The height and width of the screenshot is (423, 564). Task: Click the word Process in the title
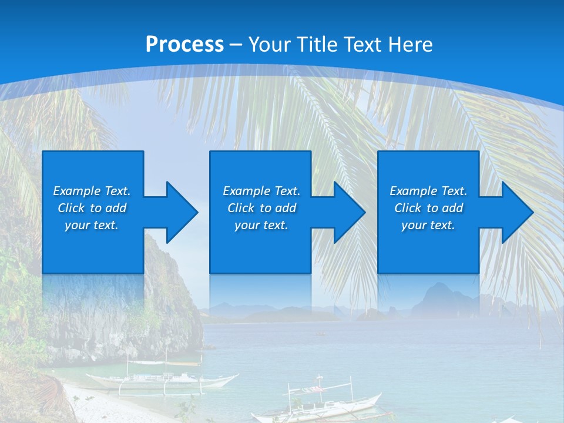pyautogui.click(x=184, y=44)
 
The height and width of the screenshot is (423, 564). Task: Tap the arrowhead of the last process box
pyautogui.click(x=516, y=212)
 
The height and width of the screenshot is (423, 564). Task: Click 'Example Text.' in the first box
pyautogui.click(x=92, y=191)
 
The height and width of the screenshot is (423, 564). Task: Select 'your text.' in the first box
pyautogui.click(x=92, y=225)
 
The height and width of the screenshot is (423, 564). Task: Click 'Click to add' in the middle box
pyautogui.click(x=261, y=208)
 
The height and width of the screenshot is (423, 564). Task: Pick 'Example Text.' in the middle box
pyautogui.click(x=261, y=191)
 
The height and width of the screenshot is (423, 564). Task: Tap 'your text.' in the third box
pyautogui.click(x=428, y=225)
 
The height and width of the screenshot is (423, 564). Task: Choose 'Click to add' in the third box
pyautogui.click(x=428, y=208)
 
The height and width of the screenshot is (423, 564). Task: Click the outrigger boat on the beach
pyautogui.click(x=159, y=379)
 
